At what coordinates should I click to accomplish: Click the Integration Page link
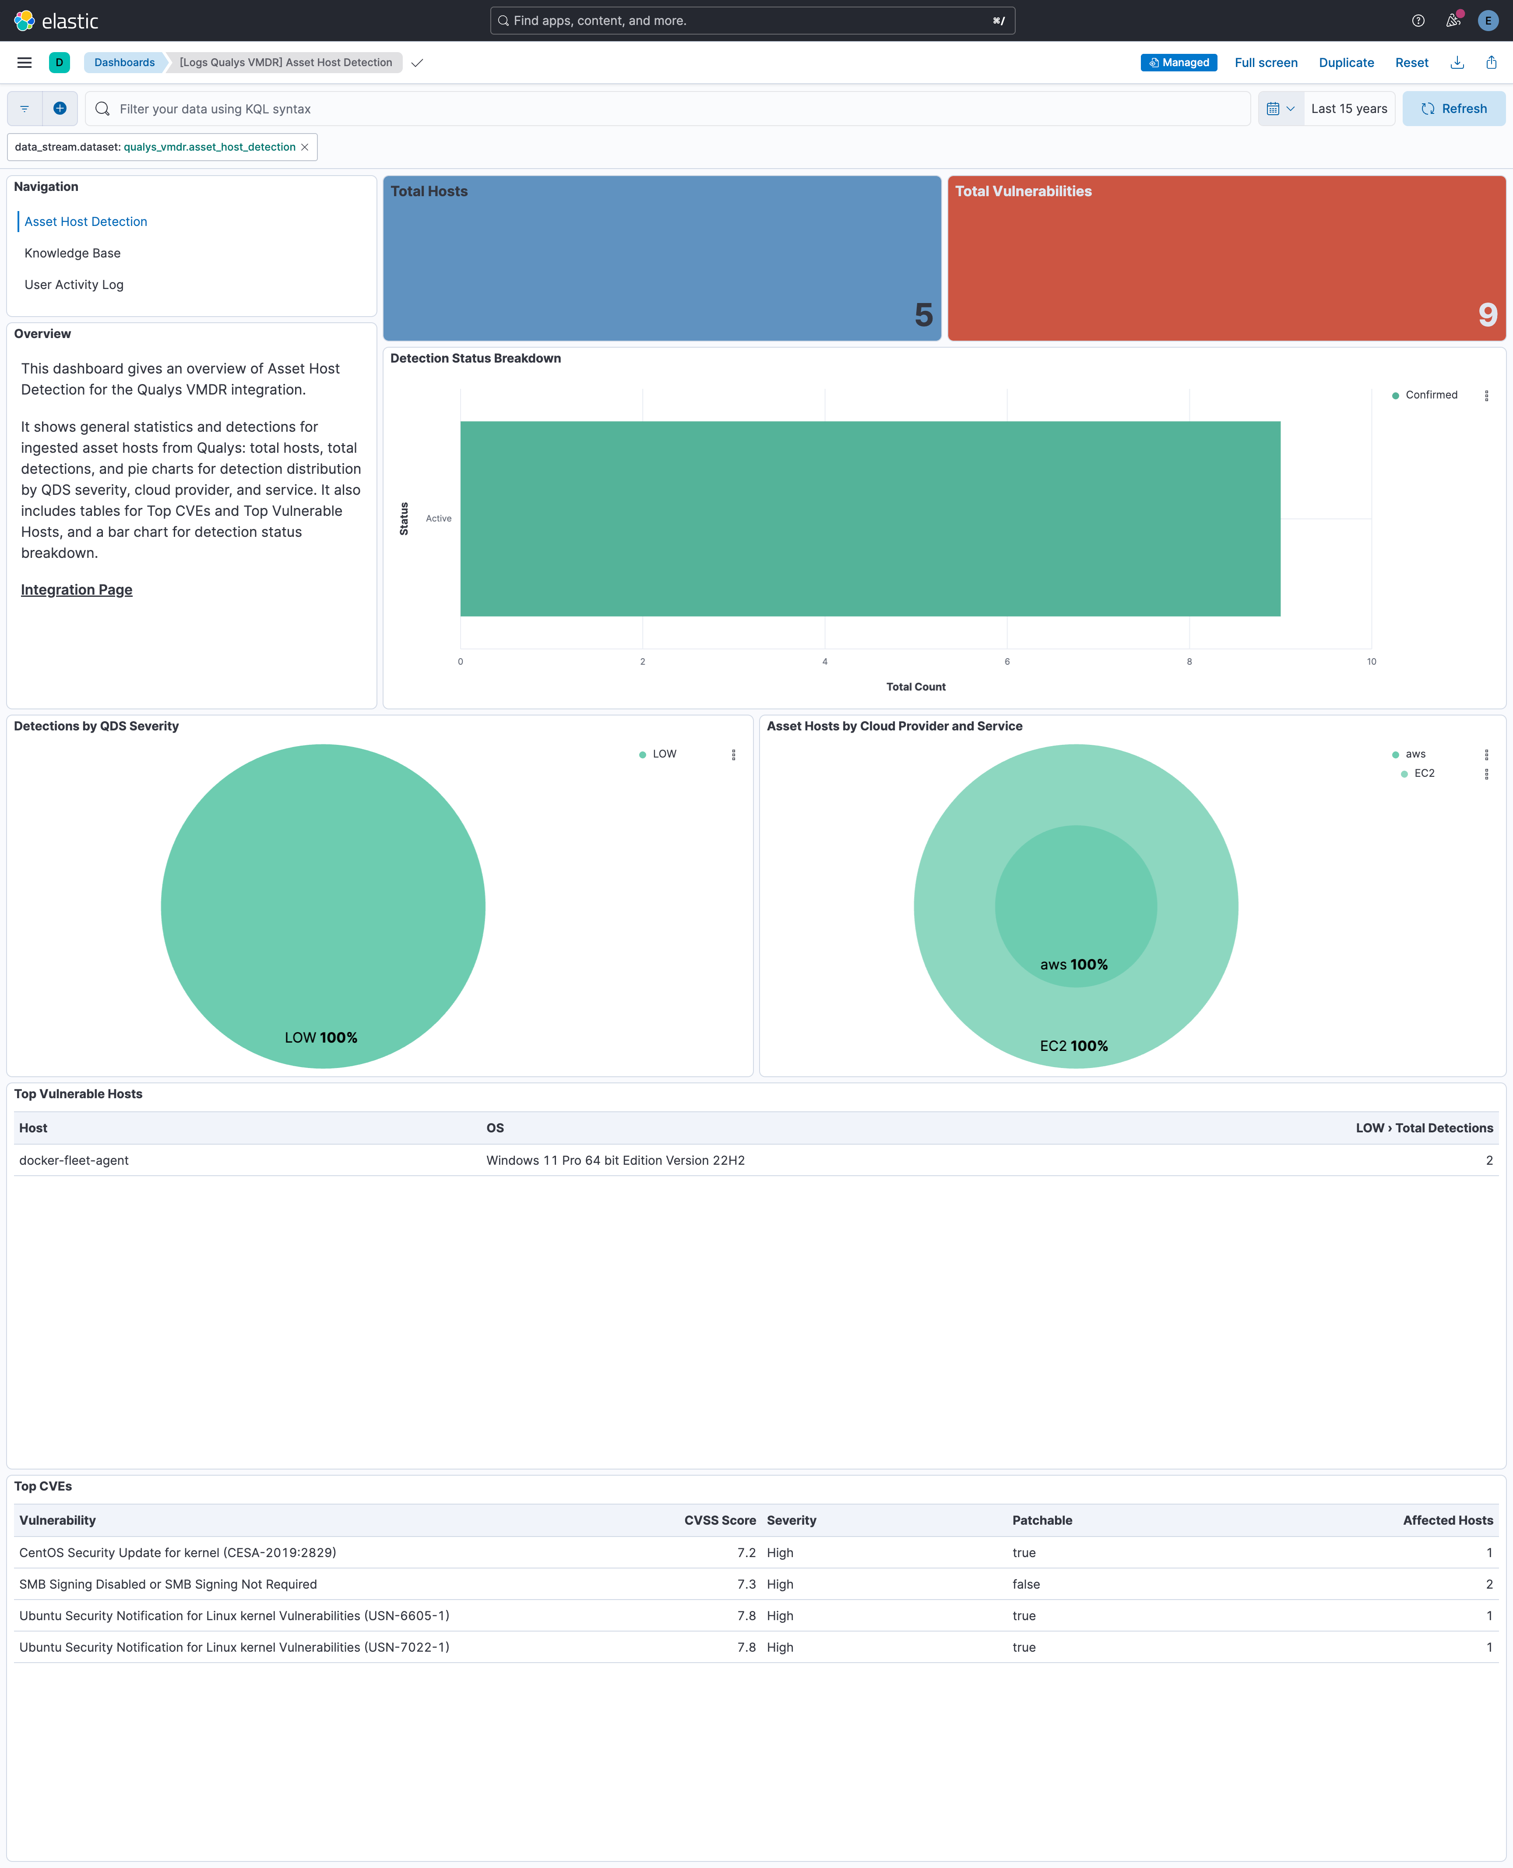[x=77, y=590]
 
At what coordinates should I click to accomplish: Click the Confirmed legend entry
[x=1430, y=395]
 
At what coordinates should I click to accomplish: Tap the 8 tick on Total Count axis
[x=1189, y=662]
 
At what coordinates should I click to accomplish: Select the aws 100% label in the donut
[x=1074, y=964]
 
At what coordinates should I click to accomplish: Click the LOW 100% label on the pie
[x=321, y=1037]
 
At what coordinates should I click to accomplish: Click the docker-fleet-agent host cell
[x=74, y=1160]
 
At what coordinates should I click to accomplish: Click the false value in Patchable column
[x=1026, y=1584]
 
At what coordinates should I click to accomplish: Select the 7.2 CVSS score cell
[x=746, y=1552]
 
